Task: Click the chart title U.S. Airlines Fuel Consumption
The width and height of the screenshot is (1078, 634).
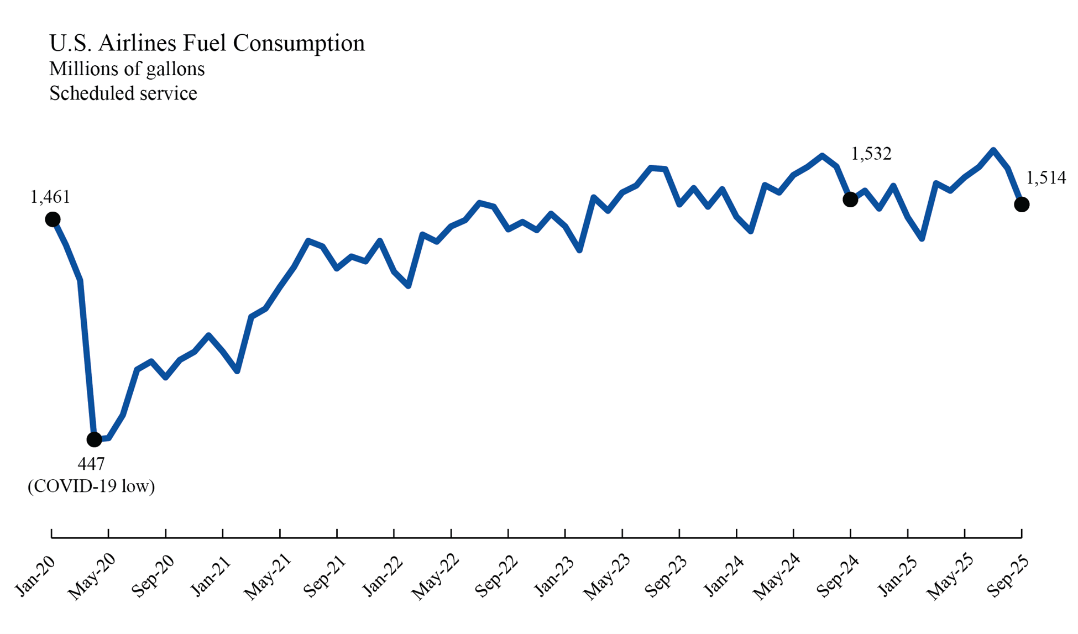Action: pyautogui.click(x=207, y=43)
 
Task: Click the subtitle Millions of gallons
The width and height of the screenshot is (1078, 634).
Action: pyautogui.click(x=127, y=69)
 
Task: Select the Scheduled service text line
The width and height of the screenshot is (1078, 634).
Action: pyautogui.click(x=123, y=93)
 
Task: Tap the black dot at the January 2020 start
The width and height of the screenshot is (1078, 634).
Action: pyautogui.click(x=53, y=220)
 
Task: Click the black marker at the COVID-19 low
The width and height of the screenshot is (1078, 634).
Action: pyautogui.click(x=95, y=439)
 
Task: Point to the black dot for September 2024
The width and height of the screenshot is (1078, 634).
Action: pyautogui.click(x=850, y=200)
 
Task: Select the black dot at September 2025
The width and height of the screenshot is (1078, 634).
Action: pyautogui.click(x=1022, y=205)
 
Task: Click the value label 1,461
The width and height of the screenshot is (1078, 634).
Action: pyautogui.click(x=50, y=197)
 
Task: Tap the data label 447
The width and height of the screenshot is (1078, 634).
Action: pyautogui.click(x=91, y=464)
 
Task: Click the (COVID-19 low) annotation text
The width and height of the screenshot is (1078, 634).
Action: pyautogui.click(x=91, y=486)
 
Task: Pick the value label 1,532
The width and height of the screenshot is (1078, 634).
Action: pyautogui.click(x=871, y=154)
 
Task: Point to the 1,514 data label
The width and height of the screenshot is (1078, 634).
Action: pyautogui.click(x=1046, y=178)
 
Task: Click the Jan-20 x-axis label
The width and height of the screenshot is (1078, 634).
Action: pyautogui.click(x=35, y=576)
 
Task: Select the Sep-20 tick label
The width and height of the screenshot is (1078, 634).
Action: pyautogui.click(x=153, y=576)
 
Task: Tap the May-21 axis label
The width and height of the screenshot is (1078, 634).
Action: pyautogui.click(x=268, y=577)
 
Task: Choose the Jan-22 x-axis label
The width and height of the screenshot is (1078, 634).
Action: pyautogui.click(x=383, y=576)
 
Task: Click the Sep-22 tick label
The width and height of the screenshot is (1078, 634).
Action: pyautogui.click(x=496, y=576)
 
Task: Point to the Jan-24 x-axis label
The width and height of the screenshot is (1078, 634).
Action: pyautogui.click(x=724, y=576)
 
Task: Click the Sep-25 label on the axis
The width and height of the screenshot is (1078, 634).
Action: pyautogui.click(x=1008, y=576)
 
